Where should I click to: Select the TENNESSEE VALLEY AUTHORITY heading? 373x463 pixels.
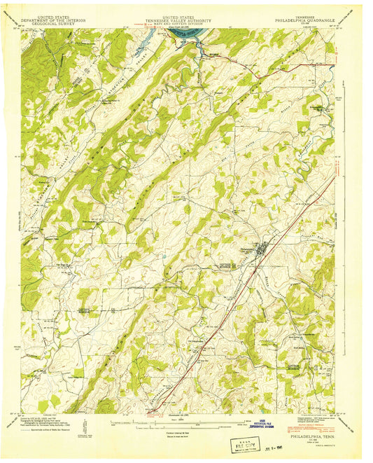click(185, 20)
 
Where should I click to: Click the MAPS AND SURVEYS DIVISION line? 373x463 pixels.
click(185, 24)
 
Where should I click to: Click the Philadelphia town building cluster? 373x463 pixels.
click(260, 247)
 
